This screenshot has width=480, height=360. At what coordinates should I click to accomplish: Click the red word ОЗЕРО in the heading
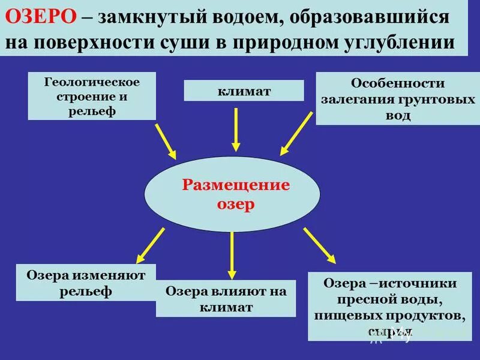click(x=41, y=17)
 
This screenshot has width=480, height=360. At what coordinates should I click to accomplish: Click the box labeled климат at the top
click(x=244, y=91)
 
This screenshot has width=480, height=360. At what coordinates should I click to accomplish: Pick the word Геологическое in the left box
click(x=92, y=82)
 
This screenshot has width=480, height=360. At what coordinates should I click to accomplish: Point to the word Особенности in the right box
click(x=398, y=84)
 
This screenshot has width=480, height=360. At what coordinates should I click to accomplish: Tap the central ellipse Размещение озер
click(x=235, y=193)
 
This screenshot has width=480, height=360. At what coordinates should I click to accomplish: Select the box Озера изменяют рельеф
click(x=86, y=283)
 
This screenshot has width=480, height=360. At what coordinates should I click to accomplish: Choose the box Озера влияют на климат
click(x=226, y=298)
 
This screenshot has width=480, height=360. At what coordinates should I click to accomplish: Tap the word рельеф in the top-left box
click(x=92, y=111)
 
